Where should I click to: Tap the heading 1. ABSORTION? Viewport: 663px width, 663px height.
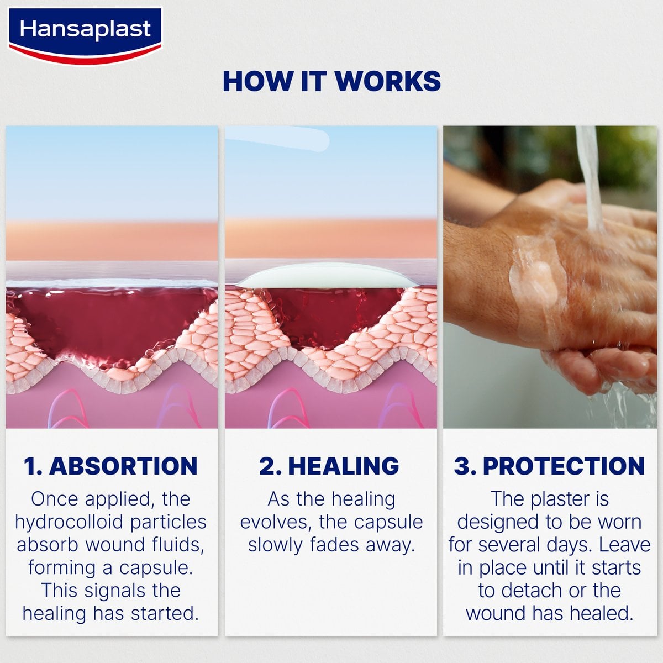point(110,466)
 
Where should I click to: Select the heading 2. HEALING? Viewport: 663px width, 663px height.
point(329,466)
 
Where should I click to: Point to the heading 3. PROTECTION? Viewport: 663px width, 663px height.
point(549,466)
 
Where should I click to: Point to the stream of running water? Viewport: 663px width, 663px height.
point(590,177)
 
